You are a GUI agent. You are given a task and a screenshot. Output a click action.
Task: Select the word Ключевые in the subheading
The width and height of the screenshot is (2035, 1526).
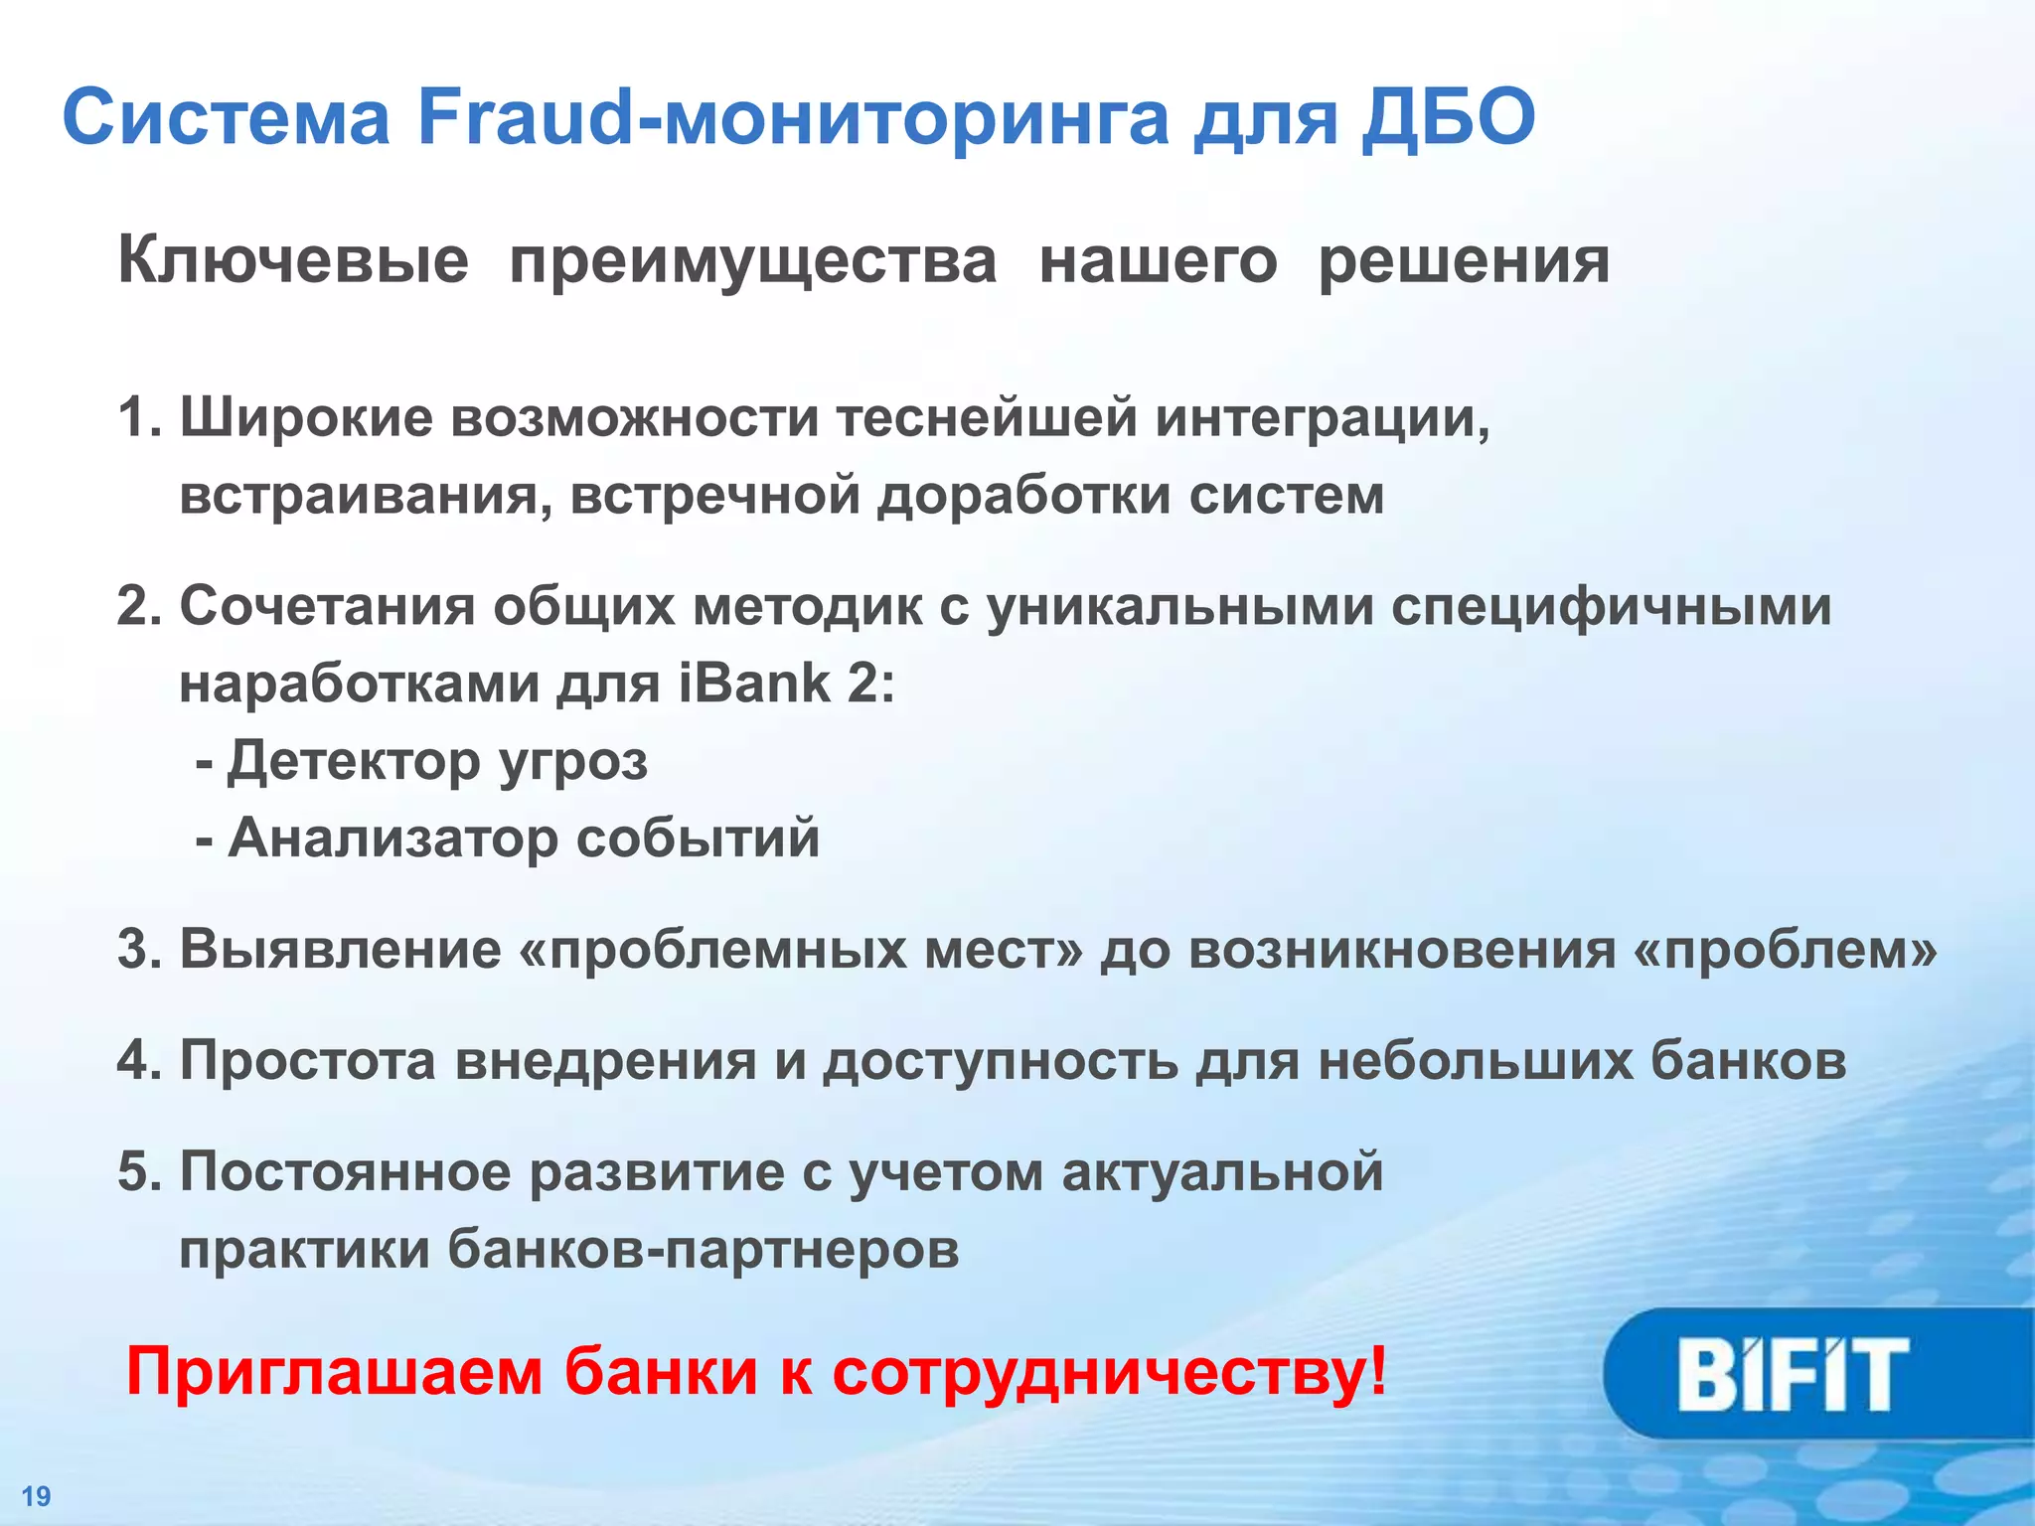pos(293,262)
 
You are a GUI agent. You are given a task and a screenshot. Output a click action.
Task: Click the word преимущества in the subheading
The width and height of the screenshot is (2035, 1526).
pos(753,262)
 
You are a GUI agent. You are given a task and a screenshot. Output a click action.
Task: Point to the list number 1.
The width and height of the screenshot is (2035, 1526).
pos(137,418)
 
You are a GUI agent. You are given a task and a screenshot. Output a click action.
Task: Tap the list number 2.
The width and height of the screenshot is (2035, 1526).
pos(137,606)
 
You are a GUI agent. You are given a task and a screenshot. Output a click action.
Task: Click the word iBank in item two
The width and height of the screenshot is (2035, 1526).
pos(755,684)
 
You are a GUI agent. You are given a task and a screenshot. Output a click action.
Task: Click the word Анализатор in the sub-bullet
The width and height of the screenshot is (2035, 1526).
pos(393,839)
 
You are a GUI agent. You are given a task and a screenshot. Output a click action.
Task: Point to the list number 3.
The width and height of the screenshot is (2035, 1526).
pos(137,950)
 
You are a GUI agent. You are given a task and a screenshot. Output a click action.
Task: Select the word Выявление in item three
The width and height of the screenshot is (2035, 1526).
pos(341,950)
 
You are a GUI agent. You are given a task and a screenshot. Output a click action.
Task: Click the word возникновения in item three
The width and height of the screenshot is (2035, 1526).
pos(1402,950)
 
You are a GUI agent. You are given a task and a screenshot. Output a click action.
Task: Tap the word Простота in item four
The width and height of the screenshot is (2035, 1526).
pos(308,1061)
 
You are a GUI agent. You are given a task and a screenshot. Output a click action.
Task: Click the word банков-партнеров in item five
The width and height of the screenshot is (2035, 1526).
pos(704,1249)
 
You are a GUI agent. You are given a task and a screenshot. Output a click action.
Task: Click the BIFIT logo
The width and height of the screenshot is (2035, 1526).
pos(1794,1374)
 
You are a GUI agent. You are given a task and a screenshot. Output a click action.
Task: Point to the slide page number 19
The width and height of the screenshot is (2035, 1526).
pos(36,1496)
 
